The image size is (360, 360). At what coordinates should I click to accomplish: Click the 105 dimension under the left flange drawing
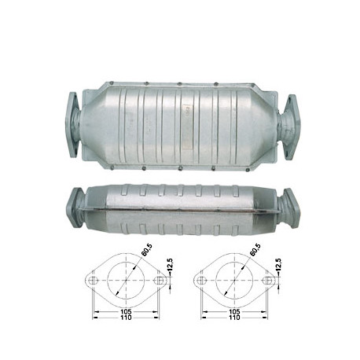(127, 311)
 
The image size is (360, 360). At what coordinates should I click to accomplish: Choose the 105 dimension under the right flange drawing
(235, 311)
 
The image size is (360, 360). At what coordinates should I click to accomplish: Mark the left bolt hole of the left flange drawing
(94, 280)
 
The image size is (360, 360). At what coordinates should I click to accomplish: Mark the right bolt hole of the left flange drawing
(160, 280)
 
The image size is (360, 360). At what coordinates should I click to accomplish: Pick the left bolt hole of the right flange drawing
(202, 280)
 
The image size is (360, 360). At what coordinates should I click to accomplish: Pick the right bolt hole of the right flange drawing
(268, 280)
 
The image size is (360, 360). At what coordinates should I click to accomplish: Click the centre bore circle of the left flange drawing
(127, 280)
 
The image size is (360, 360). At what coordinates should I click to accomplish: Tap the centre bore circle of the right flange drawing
(235, 280)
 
